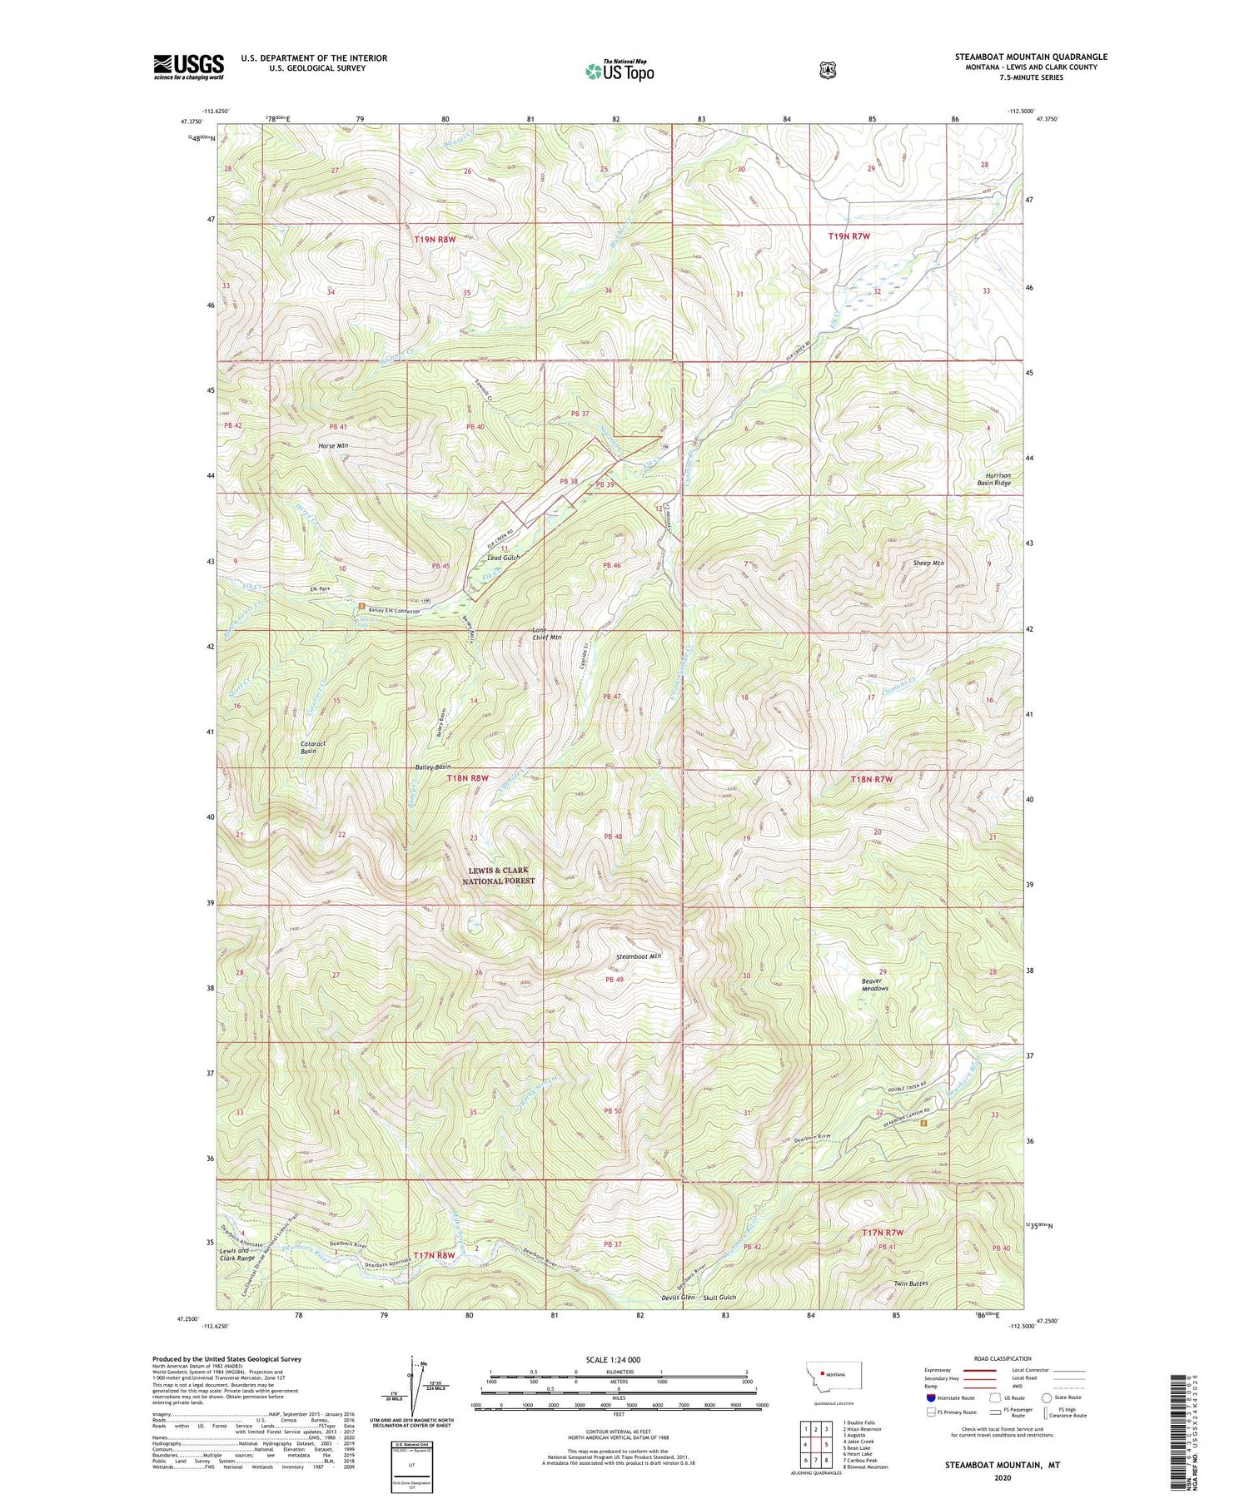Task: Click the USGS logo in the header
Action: tap(188, 67)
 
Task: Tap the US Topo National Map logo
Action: tap(620, 71)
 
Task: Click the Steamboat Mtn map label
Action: tap(639, 956)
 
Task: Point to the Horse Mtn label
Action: tap(333, 446)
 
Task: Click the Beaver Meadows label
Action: tap(874, 985)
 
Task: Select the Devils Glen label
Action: tap(677, 1298)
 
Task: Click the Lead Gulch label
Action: tap(504, 558)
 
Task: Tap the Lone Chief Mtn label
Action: tap(547, 633)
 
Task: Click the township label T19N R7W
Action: tap(848, 236)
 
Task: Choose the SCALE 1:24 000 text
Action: tap(613, 1359)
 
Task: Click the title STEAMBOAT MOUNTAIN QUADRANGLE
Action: tap(1031, 57)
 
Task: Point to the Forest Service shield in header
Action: tap(827, 71)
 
